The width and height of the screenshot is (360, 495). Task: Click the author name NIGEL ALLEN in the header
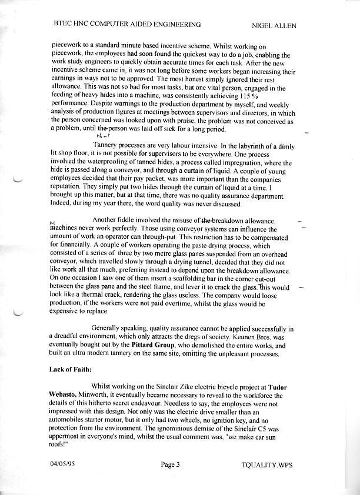point(274,25)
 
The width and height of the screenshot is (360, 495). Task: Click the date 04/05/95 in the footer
point(63,465)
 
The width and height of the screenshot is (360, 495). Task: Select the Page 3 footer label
point(169,465)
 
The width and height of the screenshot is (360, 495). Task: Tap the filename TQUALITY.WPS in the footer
point(266,465)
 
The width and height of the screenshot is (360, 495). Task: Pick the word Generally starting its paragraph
point(108,329)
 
